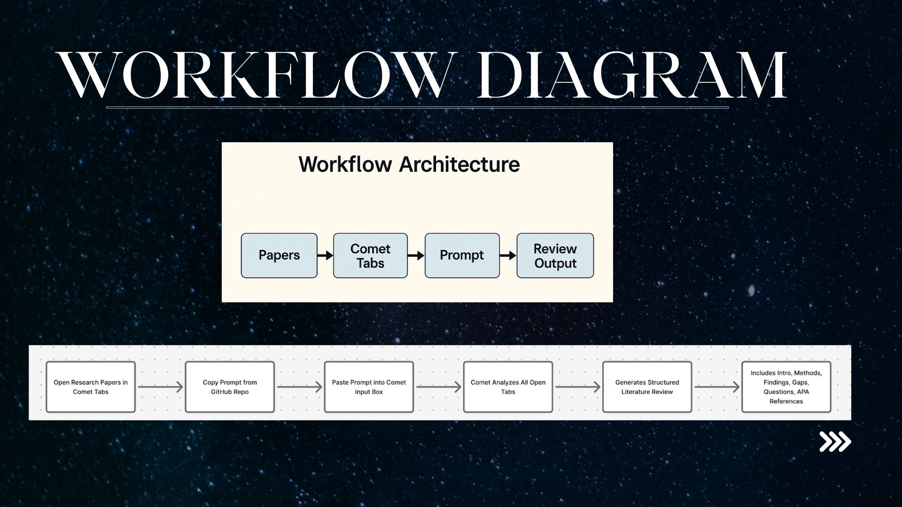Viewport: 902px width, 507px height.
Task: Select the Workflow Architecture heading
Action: pyautogui.click(x=409, y=164)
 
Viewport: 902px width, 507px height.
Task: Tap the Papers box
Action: pyautogui.click(x=279, y=255)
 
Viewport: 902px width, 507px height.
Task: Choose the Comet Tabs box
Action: pyautogui.click(x=370, y=255)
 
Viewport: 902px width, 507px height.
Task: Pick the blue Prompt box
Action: pyautogui.click(x=462, y=255)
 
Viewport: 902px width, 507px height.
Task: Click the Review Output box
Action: pyautogui.click(x=555, y=255)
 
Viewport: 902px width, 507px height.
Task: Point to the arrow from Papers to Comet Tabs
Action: pyautogui.click(x=325, y=255)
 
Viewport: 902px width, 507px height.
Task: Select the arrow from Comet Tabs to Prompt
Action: pyautogui.click(x=416, y=255)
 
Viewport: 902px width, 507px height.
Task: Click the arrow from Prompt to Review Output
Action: pyautogui.click(x=508, y=255)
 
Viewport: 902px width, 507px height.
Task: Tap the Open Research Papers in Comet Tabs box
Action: pyautogui.click(x=91, y=387)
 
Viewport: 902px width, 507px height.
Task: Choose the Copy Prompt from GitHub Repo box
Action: pyautogui.click(x=230, y=387)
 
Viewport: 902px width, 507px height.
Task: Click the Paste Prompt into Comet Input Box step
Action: pyautogui.click(x=369, y=387)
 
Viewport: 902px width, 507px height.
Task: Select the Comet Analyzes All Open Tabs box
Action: pyautogui.click(x=508, y=387)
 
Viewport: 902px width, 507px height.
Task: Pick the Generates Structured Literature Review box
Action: pyautogui.click(x=647, y=387)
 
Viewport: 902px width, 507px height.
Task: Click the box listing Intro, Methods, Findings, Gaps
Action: pyautogui.click(x=786, y=387)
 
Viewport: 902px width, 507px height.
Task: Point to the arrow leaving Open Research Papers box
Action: pyautogui.click(x=160, y=387)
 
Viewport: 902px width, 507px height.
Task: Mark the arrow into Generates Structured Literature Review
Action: pyautogui.click(x=577, y=387)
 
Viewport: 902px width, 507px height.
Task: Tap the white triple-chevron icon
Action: pyautogui.click(x=835, y=442)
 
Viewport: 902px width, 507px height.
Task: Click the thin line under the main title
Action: pyautogui.click(x=417, y=108)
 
